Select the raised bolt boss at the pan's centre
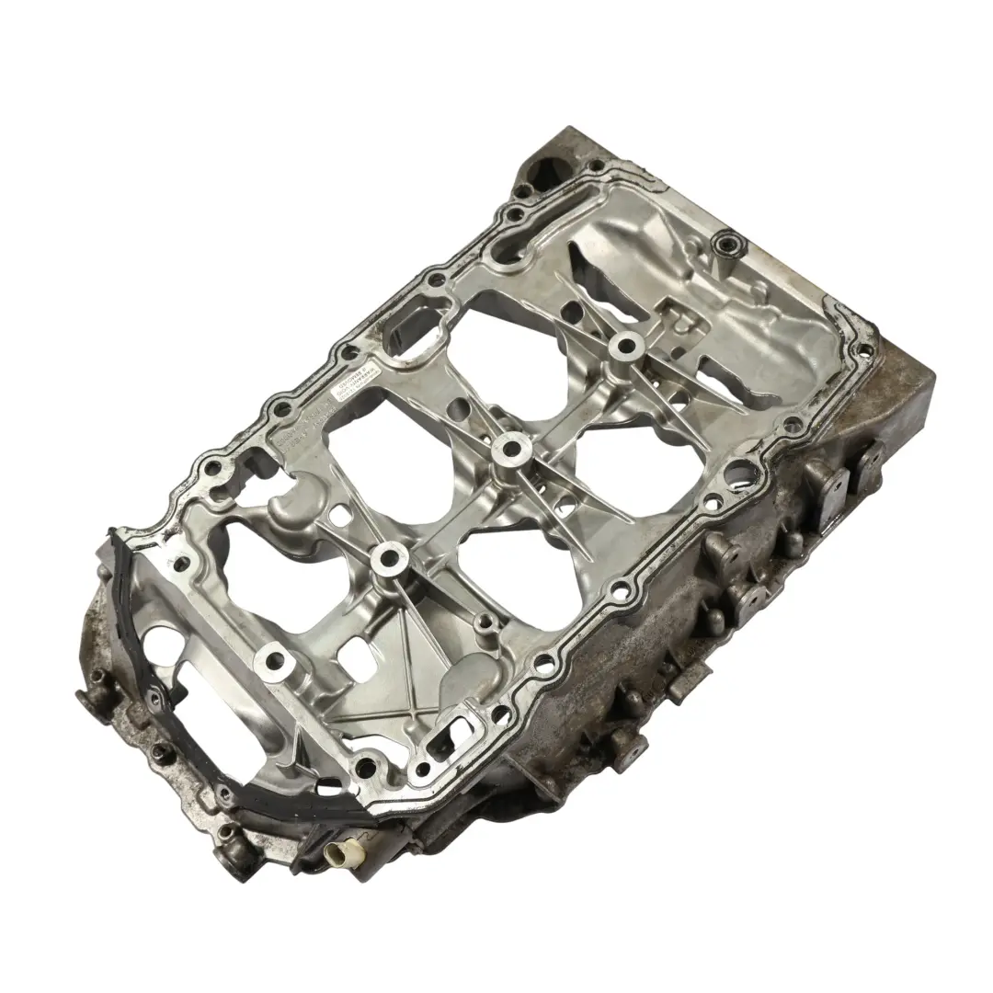click(508, 450)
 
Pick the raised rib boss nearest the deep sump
click(624, 346)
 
